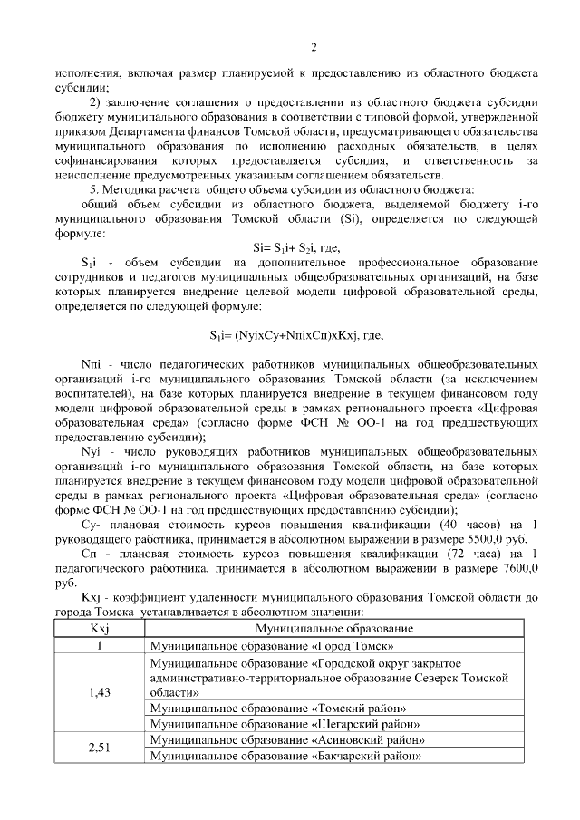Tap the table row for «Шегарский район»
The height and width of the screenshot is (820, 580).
point(285,724)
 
